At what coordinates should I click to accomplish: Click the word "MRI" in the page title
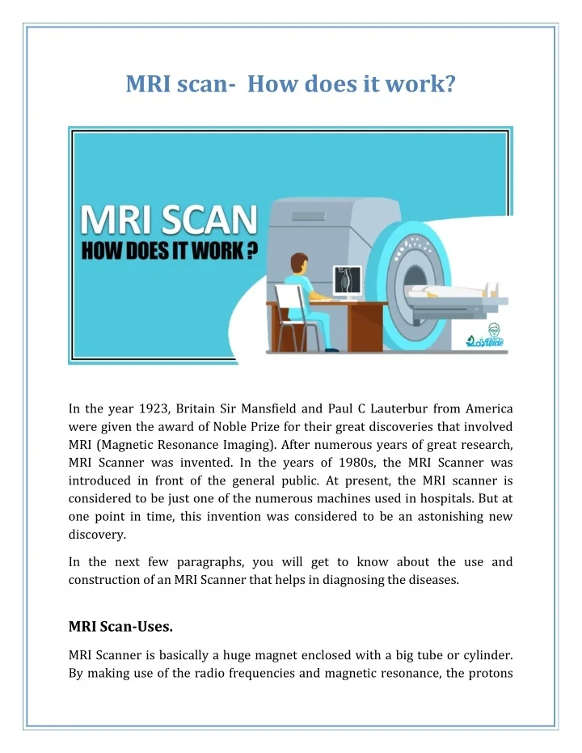click(x=149, y=83)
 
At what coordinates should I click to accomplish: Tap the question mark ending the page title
click(x=449, y=83)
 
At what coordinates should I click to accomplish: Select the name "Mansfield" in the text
click(x=272, y=408)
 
